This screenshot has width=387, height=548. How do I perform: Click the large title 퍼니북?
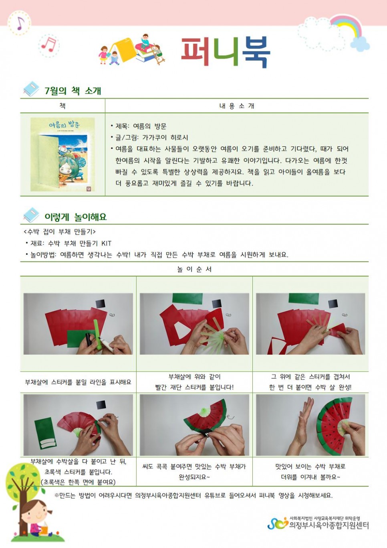click(226, 52)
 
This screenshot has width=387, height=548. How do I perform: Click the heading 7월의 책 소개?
click(73, 91)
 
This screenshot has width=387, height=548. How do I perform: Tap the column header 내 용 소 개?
click(237, 106)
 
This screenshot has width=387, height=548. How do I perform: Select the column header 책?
click(62, 106)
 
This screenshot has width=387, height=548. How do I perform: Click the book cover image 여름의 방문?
click(62, 154)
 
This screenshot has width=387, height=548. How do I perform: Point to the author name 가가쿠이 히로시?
click(165, 138)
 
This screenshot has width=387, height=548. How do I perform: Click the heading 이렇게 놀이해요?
click(75, 217)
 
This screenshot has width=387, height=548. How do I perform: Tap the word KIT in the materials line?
click(106, 244)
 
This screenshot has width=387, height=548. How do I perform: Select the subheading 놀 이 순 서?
click(194, 269)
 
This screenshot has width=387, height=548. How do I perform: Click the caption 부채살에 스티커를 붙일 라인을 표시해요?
click(78, 382)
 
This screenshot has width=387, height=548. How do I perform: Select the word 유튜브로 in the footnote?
click(215, 495)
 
